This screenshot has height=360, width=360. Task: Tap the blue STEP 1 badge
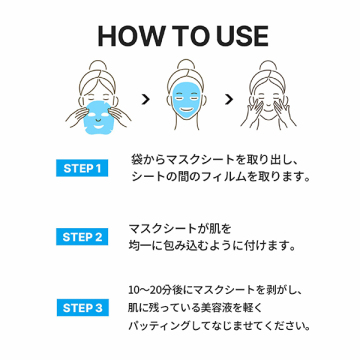82,168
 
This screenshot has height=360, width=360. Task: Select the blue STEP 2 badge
82,237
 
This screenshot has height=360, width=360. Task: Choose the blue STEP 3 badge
82,307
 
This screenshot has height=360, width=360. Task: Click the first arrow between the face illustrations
146,99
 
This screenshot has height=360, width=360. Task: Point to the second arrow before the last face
229,99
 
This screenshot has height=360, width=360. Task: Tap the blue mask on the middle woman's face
186,100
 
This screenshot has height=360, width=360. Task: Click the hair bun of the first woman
97,66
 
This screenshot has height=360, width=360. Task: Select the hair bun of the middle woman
186,66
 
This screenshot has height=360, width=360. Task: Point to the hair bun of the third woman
268,66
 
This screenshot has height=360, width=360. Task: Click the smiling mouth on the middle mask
186,110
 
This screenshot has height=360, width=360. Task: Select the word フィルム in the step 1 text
225,177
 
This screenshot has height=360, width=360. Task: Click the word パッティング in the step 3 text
156,326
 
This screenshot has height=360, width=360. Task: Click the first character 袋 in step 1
136,159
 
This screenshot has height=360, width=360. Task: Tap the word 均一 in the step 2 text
139,246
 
